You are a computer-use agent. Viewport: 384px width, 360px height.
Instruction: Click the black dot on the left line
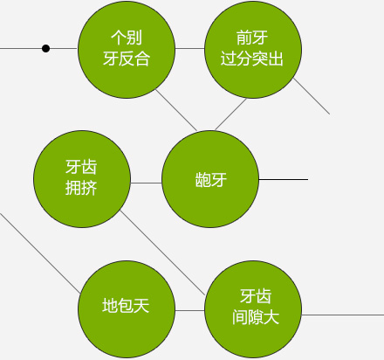(45, 48)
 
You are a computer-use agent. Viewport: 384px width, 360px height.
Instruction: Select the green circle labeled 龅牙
(210, 179)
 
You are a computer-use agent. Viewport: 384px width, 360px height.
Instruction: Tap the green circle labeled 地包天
(127, 309)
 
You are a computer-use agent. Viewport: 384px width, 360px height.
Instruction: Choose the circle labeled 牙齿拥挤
(82, 179)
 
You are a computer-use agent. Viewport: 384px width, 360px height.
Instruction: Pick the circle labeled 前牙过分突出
(253, 50)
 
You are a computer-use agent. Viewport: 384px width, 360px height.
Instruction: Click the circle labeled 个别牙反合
(127, 50)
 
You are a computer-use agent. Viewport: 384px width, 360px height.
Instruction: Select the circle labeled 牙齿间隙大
(253, 309)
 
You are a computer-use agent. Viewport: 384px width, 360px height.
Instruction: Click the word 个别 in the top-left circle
(127, 38)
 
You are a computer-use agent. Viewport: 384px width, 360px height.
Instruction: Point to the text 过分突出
(252, 59)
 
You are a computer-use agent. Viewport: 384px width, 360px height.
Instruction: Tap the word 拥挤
(81, 188)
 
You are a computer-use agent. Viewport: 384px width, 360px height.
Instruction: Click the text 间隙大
(256, 317)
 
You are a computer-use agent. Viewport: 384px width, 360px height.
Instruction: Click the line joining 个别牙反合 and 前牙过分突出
(189, 48)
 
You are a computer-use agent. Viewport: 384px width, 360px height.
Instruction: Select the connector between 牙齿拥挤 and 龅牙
(146, 183)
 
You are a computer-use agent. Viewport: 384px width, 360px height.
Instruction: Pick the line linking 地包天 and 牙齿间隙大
(189, 310)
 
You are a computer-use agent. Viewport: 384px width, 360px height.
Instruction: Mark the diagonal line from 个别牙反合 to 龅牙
(176, 110)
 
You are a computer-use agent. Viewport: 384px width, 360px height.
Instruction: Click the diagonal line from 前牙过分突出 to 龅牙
(230, 114)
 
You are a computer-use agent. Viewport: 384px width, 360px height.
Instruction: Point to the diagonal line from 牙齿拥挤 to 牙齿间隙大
(162, 253)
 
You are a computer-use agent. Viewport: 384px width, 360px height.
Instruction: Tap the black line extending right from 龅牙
(283, 179)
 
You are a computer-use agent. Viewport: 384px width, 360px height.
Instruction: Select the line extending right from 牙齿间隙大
(343, 315)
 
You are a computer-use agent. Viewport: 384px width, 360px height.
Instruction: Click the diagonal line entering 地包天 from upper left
(40, 253)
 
